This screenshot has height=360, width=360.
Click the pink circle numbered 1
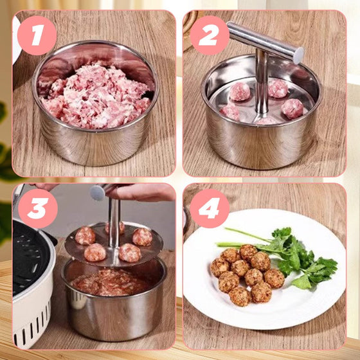[x=37, y=35]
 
